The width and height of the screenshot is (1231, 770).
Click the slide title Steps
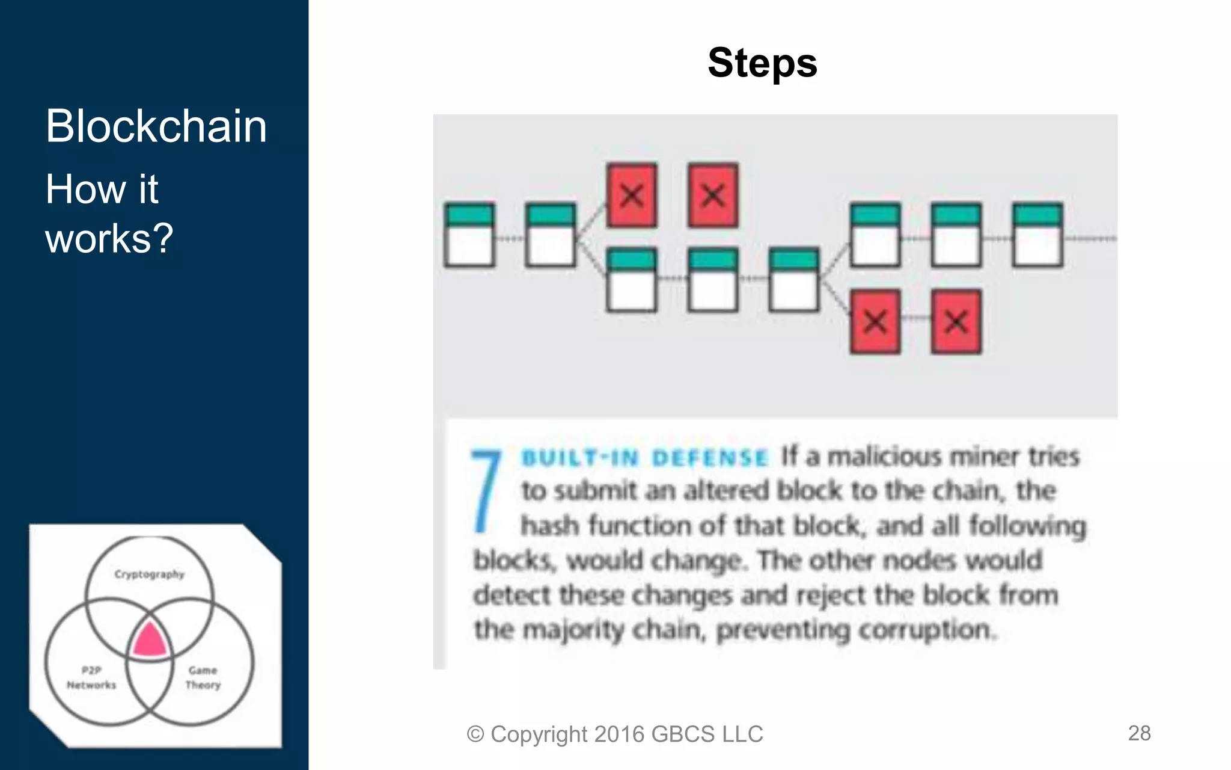(x=762, y=63)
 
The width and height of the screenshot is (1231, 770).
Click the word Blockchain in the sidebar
(x=156, y=126)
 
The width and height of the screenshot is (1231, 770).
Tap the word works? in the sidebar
(x=109, y=238)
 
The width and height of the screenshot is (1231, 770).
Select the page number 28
(x=1139, y=733)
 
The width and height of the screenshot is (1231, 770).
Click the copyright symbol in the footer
(x=475, y=735)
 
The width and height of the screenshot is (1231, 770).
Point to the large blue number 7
(x=486, y=490)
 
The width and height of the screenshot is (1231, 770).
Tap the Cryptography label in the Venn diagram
(x=149, y=574)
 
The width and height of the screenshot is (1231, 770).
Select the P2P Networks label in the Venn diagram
(x=91, y=677)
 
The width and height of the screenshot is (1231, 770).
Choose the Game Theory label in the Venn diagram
(x=203, y=677)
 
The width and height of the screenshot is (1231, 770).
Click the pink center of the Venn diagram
(x=149, y=640)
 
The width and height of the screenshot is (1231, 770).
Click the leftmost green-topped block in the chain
(x=469, y=235)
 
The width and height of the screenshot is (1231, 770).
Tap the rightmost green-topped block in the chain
(x=1037, y=235)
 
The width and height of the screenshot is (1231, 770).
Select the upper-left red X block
(x=631, y=196)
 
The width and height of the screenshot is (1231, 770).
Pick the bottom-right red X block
(x=956, y=322)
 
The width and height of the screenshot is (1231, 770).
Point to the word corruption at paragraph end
(x=926, y=630)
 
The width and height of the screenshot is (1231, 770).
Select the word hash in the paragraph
(x=549, y=526)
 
